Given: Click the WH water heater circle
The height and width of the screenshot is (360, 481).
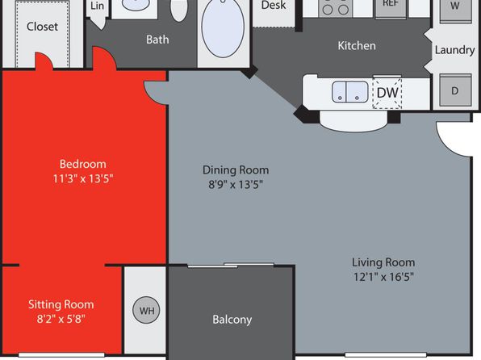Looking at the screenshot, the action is coord(146,310).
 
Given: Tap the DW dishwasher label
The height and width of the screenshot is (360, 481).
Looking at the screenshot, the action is coord(387,92).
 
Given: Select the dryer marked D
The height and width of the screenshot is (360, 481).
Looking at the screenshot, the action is coord(455,90).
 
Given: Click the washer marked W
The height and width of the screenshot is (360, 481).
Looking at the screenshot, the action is coord(455,10).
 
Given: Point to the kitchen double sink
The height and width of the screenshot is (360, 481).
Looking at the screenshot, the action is coord(349,92).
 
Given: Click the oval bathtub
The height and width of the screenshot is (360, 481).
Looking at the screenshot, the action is coord(223,28).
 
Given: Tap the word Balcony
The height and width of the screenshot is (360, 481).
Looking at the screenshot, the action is coord(232,320).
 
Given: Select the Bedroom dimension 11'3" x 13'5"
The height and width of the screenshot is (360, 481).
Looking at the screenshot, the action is coord(83,178).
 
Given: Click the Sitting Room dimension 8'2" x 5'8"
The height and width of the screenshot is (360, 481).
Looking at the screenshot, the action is coord(61,319).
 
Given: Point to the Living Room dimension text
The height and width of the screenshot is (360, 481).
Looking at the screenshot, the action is coord(383,277).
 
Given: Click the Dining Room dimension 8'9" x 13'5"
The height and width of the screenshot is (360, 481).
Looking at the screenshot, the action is coord(236,185).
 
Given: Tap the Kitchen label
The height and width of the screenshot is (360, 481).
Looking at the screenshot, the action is coord(357,46).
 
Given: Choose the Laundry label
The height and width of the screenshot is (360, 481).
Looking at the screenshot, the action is coord(455,50).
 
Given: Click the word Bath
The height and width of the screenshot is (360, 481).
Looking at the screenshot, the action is coord(157,40).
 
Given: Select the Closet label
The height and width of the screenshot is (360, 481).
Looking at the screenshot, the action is coord(42,27).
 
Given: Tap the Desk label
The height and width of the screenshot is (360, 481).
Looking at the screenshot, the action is coord(274,5).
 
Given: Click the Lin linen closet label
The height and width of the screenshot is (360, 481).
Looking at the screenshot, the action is coord(97,6).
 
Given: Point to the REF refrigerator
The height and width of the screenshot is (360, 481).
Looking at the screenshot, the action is coord(391,9).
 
